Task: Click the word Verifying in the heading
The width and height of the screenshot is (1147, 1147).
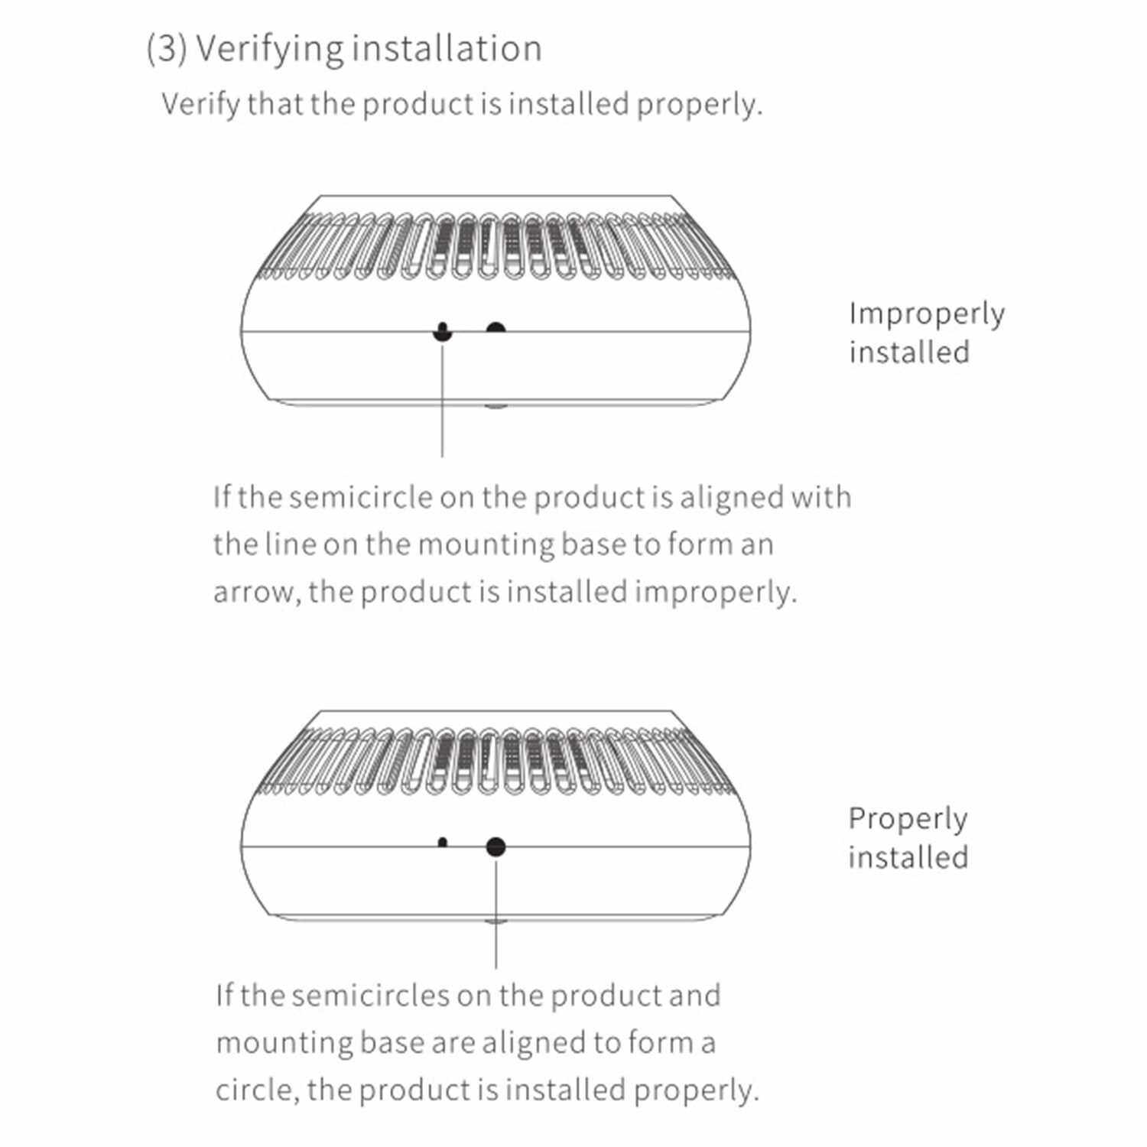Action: click(269, 49)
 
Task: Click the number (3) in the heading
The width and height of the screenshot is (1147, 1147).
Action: click(166, 49)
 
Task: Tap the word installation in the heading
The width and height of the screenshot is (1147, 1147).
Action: click(447, 47)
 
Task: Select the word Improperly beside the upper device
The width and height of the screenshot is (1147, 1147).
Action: click(926, 314)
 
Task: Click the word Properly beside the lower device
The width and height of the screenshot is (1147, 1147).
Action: click(908, 819)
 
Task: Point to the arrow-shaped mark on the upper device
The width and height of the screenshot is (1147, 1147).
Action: click(442, 333)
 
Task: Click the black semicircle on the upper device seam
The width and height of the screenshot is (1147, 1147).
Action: click(496, 328)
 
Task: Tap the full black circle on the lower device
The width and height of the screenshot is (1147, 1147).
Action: click(496, 846)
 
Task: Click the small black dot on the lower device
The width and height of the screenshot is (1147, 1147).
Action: click(442, 842)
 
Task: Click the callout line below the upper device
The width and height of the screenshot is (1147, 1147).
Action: click(442, 405)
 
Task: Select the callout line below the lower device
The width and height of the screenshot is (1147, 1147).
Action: click(496, 918)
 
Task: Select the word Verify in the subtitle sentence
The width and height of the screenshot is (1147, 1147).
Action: click(201, 104)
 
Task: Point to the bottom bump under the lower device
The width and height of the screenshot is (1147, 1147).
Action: click(496, 922)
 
